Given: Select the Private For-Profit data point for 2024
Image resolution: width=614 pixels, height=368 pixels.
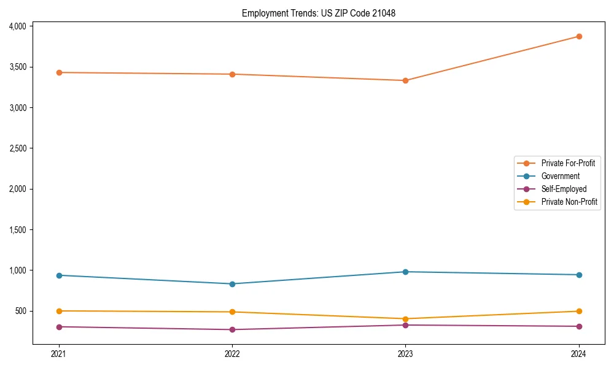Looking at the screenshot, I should point(579,36).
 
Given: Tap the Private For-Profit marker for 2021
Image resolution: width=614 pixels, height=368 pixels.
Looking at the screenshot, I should point(59,72).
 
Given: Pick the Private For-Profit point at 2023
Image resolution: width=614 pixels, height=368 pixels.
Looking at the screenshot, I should point(406,80).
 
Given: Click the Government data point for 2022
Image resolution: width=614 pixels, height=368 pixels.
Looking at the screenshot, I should point(232,284).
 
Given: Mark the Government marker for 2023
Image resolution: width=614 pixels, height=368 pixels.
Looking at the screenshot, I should point(406,272).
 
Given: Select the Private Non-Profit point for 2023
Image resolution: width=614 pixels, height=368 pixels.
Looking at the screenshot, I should point(406,319).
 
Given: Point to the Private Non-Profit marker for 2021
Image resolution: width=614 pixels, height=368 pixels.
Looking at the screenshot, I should point(59,311).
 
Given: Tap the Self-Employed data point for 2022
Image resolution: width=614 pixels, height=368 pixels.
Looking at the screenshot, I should point(232,329).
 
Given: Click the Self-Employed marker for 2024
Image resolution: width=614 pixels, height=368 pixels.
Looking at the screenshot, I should point(579,326).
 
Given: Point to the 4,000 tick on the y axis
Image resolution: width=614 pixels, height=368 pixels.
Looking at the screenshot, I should point(17,26).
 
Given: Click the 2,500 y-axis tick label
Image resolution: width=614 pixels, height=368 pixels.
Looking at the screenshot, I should point(17,148).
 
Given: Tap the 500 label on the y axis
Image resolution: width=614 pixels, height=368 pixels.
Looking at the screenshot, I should point(21,311).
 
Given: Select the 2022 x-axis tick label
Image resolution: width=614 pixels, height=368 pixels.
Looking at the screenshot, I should point(232,354).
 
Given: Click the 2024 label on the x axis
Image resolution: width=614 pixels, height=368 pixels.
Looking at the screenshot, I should point(579,354).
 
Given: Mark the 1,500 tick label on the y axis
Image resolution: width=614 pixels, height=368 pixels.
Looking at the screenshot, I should point(17,230).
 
